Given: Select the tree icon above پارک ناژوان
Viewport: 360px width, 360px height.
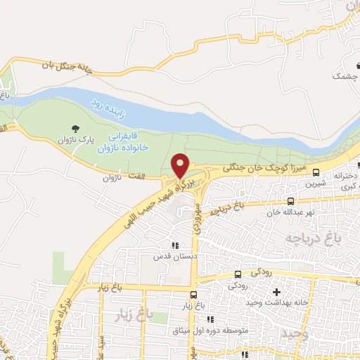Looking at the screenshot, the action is point(75,128).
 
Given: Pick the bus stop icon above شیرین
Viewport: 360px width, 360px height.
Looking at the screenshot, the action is point(316,172).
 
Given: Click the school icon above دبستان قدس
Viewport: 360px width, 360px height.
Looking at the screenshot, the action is point(174,245).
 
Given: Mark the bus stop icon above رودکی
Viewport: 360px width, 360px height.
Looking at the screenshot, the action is point(238,274).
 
